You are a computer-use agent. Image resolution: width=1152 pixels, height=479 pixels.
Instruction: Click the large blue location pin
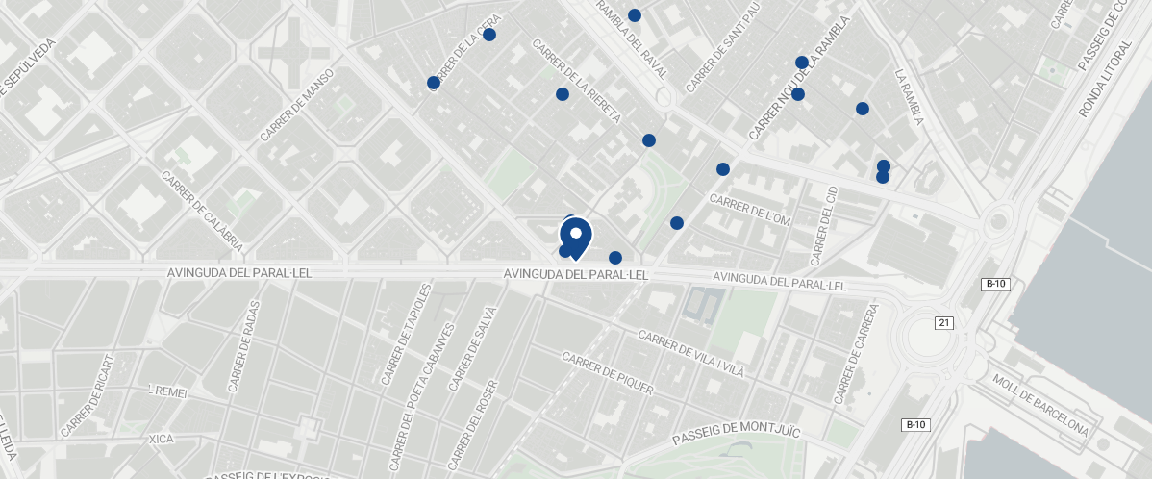pyautogui.click(x=575, y=236)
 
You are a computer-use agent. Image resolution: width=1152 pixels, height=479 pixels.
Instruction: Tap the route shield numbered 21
pyautogui.click(x=943, y=322)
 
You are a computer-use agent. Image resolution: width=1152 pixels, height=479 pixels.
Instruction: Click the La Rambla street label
pyautogui.click(x=909, y=96)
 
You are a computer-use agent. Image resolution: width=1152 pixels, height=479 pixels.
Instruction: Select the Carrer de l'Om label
pyautogui.click(x=749, y=210)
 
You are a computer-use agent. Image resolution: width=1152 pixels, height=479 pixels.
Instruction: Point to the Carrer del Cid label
pyautogui.click(x=825, y=227)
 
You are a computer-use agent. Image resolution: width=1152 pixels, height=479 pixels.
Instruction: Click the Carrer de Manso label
pyautogui.click(x=297, y=106)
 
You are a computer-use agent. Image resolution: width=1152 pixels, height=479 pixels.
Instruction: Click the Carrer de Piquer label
pyautogui.click(x=608, y=374)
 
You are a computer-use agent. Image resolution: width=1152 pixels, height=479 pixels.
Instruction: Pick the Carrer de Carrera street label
pyautogui.click(x=857, y=354)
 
